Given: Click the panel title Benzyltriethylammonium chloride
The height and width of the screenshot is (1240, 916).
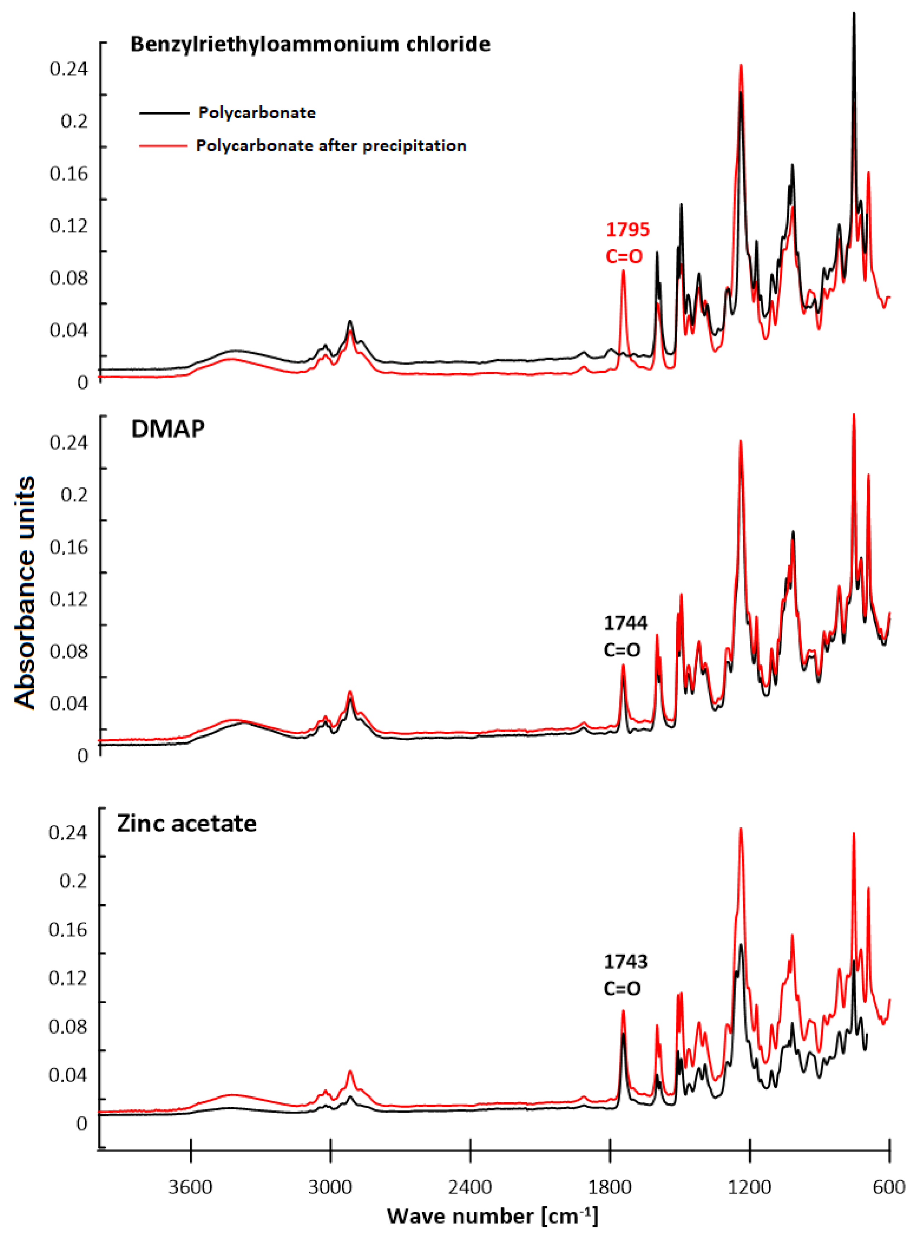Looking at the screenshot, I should tap(310, 44).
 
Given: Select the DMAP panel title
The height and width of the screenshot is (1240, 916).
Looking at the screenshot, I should tap(167, 429).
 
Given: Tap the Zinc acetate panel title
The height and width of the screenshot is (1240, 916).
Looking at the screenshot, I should tap(187, 823).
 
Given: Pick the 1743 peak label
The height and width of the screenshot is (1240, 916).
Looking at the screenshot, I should tap(625, 961).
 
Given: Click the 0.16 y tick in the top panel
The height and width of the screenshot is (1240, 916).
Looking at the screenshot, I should tap(69, 173).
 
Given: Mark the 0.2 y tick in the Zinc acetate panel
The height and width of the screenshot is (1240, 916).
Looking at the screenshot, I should tap(73, 881).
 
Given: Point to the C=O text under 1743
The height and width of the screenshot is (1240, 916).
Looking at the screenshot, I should tap(622, 988).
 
